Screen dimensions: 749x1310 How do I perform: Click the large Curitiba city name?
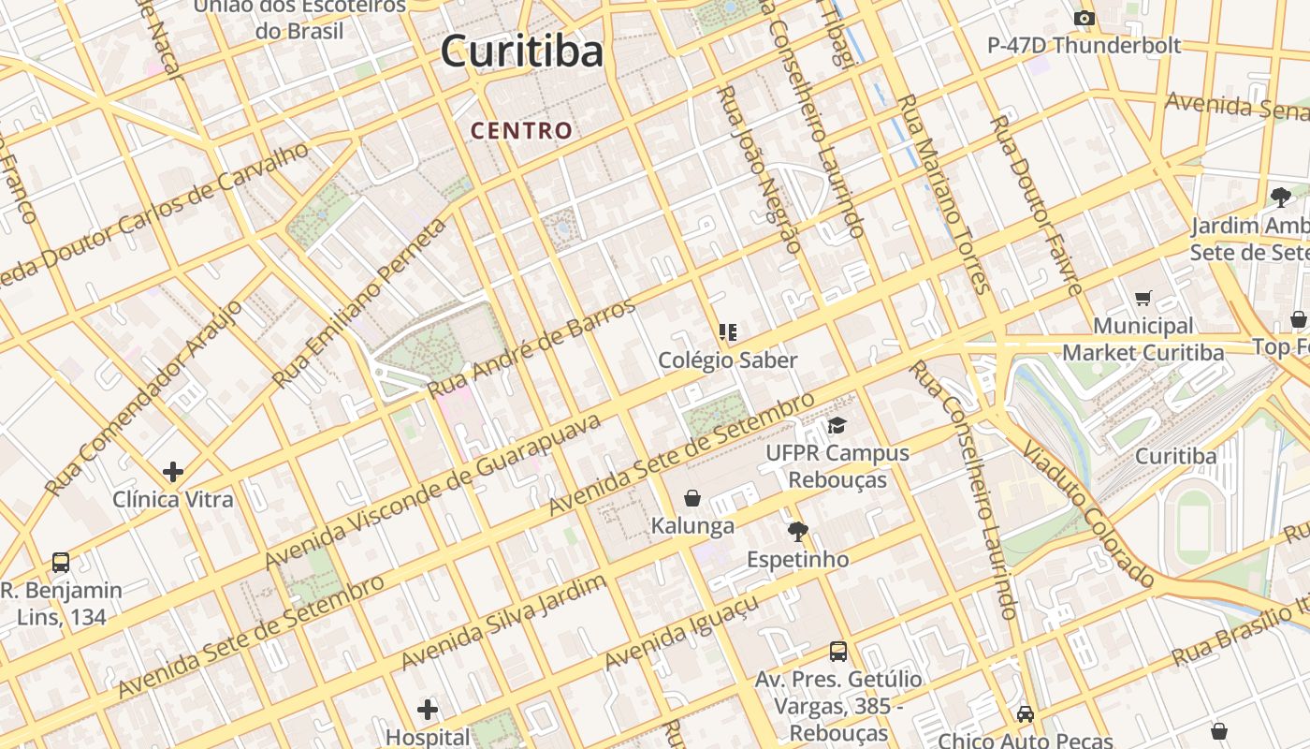click(x=522, y=51)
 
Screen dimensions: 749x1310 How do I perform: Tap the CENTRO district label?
click(x=521, y=131)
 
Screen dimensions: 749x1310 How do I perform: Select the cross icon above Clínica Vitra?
click(x=173, y=471)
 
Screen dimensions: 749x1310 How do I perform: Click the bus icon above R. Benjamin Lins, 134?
click(x=61, y=563)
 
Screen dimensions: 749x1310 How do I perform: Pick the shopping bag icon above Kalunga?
click(x=692, y=497)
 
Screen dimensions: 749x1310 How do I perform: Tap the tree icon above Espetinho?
click(x=797, y=532)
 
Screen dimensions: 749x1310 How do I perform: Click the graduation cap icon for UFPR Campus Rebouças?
click(x=837, y=426)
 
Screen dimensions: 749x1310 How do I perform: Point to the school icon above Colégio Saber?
click(x=727, y=332)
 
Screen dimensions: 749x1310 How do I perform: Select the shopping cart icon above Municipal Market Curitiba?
click(x=1143, y=299)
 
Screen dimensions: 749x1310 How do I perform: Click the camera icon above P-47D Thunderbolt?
click(x=1084, y=19)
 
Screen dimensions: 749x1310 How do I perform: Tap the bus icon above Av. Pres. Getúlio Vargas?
click(x=838, y=652)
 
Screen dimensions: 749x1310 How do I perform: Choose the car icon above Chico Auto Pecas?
click(x=1026, y=714)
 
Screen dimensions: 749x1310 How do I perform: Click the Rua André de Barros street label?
click(x=531, y=345)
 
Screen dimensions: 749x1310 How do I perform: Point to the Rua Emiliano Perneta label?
click(x=360, y=302)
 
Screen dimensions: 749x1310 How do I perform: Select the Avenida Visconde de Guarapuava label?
click(x=432, y=491)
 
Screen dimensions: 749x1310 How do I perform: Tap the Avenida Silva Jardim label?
click(x=503, y=622)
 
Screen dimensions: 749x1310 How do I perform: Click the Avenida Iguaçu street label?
click(x=680, y=634)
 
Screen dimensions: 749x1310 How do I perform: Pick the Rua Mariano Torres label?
click(x=943, y=193)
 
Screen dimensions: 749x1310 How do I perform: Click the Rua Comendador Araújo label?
click(x=143, y=398)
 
